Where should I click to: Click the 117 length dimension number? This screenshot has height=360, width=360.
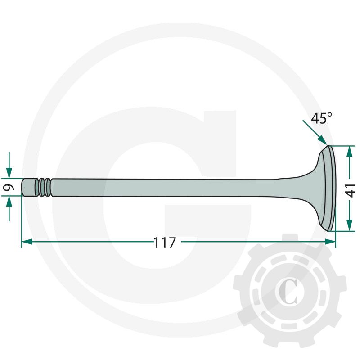[x=164, y=243]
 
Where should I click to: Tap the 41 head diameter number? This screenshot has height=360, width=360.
[x=351, y=190]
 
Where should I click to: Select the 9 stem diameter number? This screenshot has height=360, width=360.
[x=9, y=188]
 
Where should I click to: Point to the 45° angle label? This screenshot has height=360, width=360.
[x=321, y=118]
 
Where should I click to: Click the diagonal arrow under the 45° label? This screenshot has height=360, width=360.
[x=315, y=133]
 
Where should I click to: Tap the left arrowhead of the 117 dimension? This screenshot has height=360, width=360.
[x=27, y=242]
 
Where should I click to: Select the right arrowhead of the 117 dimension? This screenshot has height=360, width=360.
[x=330, y=242]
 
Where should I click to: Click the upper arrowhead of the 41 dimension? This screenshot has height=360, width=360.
[x=350, y=152]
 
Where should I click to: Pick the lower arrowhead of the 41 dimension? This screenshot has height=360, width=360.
[x=350, y=225]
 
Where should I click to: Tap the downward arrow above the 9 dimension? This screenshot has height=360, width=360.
[x=9, y=165]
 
